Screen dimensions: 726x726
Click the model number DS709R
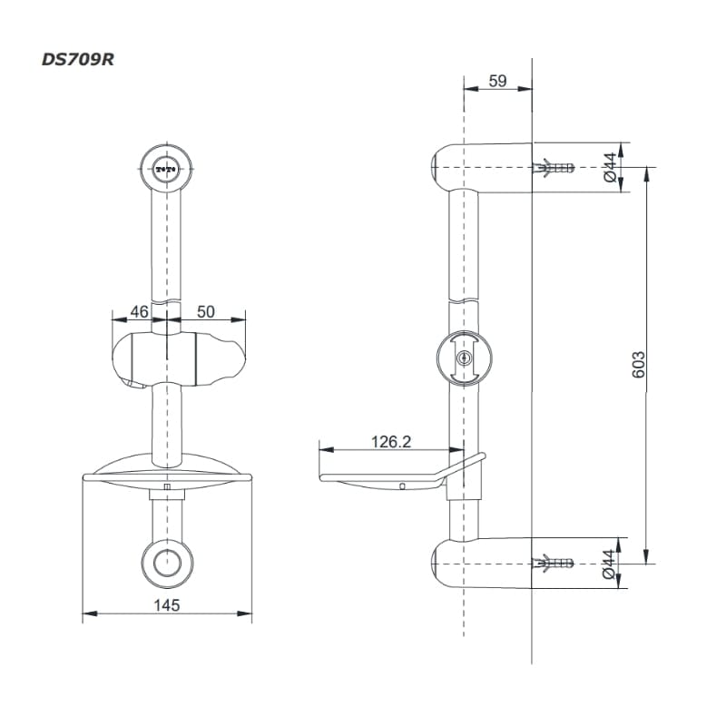click(x=78, y=60)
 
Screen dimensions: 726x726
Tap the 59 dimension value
click(x=497, y=81)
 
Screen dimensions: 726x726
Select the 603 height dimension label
click(x=638, y=365)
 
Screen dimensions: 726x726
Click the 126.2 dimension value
click(x=391, y=442)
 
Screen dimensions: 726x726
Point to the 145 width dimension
click(x=167, y=605)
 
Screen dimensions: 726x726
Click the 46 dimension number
click(x=140, y=311)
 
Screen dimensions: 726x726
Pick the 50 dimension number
click(x=206, y=311)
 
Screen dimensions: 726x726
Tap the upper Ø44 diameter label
click(x=610, y=168)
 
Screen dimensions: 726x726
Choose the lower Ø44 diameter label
click(x=609, y=564)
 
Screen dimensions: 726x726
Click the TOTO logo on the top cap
click(x=166, y=170)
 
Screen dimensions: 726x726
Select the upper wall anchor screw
click(x=554, y=168)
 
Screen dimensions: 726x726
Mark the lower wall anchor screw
click(x=554, y=564)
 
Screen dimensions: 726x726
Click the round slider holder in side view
click(x=465, y=358)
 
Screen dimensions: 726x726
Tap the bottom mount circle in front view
click(x=167, y=564)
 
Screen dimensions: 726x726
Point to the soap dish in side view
click(x=402, y=472)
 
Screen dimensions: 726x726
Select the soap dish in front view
click(x=167, y=471)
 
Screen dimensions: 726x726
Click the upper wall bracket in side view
click(x=482, y=167)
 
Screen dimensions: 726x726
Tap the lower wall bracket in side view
click(x=482, y=564)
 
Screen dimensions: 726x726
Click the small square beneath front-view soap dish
click(x=167, y=486)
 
